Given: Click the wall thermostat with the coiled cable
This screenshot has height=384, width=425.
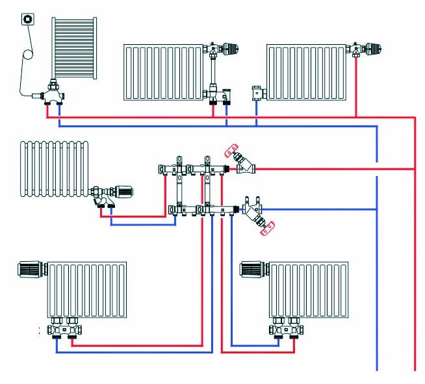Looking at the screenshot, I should (x=28, y=18).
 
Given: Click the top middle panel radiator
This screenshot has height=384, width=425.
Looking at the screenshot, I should (x=164, y=71).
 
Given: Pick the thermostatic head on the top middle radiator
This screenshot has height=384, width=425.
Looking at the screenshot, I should (x=231, y=49).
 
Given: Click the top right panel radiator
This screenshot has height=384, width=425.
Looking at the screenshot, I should (x=308, y=71).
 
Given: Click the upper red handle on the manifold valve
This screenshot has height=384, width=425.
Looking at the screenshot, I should (x=233, y=152).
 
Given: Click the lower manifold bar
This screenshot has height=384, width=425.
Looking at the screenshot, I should (x=201, y=209).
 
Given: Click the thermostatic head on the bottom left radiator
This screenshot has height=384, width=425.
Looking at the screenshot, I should (x=31, y=268).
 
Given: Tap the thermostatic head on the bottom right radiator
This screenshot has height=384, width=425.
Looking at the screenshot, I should (x=252, y=268).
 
